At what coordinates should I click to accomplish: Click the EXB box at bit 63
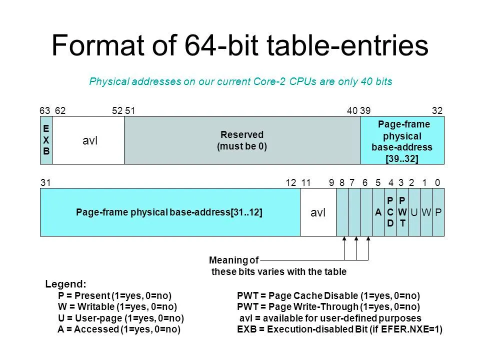46,140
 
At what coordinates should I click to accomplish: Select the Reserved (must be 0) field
242,140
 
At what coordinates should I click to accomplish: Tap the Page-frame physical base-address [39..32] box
402,140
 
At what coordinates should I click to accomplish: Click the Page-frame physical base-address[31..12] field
169,212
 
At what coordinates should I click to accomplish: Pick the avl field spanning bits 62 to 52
90,140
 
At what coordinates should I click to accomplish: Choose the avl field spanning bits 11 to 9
318,212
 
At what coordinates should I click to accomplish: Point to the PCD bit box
390,212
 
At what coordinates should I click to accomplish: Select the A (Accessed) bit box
378,212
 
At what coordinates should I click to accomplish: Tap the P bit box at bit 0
438,212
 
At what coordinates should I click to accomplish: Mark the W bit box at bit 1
426,212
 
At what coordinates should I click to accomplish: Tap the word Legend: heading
65,284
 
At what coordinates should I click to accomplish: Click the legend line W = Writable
117,306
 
